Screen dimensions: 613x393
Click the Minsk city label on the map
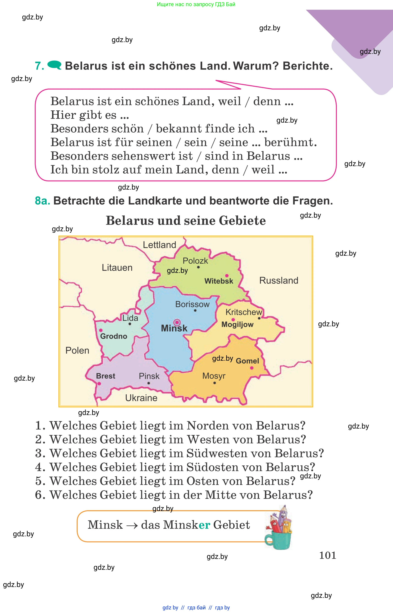[174, 328]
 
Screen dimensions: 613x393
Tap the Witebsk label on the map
[219, 281]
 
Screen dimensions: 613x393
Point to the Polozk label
[195, 261]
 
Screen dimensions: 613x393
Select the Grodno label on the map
[114, 336]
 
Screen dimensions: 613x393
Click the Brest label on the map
[105, 376]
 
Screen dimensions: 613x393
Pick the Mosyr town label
[214, 376]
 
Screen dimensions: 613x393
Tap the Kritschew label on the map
[244, 312]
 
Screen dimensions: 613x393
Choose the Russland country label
[279, 280]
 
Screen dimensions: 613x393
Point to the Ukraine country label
[141, 398]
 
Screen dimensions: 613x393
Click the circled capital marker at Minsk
[177, 322]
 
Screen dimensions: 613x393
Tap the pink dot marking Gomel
[252, 368]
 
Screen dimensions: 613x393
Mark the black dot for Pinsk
[149, 383]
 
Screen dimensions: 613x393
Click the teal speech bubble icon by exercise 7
[54, 65]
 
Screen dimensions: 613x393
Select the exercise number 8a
[42, 201]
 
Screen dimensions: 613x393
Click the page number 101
[327, 555]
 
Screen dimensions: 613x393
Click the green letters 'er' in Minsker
[204, 525]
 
